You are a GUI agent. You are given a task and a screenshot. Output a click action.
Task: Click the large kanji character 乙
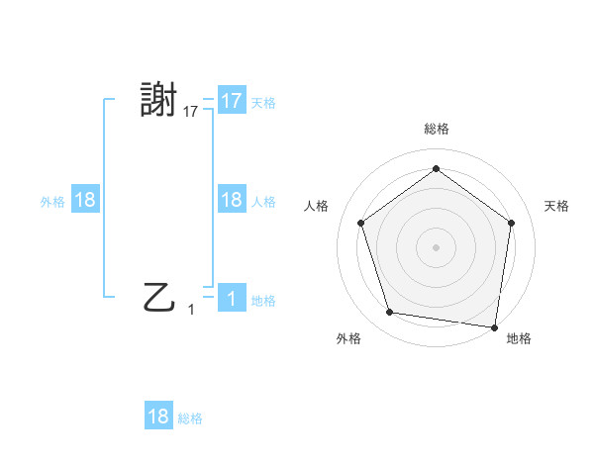pyautogui.click(x=159, y=296)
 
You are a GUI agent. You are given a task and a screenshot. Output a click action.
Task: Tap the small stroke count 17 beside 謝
pyautogui.click(x=191, y=113)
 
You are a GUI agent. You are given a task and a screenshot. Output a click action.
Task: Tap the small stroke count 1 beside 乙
pyautogui.click(x=191, y=310)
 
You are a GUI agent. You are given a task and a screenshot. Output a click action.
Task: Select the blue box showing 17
pyautogui.click(x=231, y=101)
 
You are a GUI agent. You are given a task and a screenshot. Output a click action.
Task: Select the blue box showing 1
pyautogui.click(x=231, y=298)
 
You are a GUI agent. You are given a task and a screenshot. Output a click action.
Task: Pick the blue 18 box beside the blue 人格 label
pyautogui.click(x=231, y=200)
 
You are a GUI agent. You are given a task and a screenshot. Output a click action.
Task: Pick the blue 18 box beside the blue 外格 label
pyautogui.click(x=85, y=200)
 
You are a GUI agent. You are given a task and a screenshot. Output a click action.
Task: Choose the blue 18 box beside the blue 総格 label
pyautogui.click(x=158, y=416)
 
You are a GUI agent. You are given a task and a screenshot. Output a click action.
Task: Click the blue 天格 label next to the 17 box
pyautogui.click(x=263, y=102)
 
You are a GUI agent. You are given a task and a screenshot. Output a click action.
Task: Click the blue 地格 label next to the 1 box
pyautogui.click(x=263, y=300)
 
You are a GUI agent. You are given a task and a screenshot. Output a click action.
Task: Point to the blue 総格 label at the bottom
pyautogui.click(x=190, y=418)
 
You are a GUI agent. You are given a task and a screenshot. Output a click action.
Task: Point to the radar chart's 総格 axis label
pyautogui.click(x=436, y=128)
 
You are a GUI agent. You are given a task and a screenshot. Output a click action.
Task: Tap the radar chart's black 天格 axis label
pyautogui.click(x=556, y=206)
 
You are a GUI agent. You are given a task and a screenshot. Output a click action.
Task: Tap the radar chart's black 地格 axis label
pyautogui.click(x=519, y=339)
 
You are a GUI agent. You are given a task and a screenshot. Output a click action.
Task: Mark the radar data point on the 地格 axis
pyautogui.click(x=494, y=326)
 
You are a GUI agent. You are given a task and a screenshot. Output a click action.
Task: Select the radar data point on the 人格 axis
pyautogui.click(x=361, y=223)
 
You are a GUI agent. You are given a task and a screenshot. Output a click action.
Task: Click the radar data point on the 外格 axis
pyautogui.click(x=390, y=313)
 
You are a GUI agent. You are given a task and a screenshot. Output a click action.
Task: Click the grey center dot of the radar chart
pyautogui.click(x=436, y=246)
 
